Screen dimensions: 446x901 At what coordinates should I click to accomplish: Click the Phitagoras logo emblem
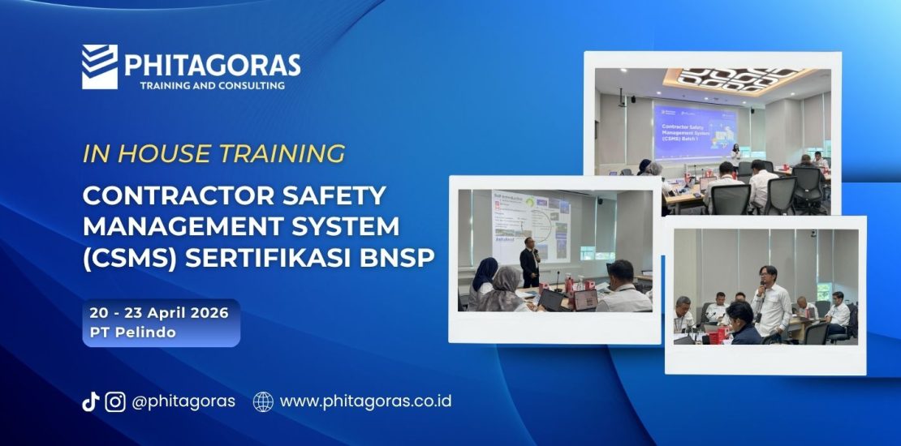tap(99, 66)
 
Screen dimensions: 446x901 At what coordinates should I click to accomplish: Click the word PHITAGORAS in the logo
tap(212, 65)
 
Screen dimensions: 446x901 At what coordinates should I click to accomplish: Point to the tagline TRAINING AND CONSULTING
tap(212, 85)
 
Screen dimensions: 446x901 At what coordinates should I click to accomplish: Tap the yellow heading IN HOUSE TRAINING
tap(213, 153)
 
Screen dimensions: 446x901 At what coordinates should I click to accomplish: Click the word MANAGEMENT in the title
tap(176, 226)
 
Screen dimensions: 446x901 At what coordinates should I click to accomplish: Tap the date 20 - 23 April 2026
tap(160, 312)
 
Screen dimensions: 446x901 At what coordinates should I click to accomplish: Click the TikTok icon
tap(90, 401)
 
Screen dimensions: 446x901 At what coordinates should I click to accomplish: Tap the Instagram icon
tap(115, 401)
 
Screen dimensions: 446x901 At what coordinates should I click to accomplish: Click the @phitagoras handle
tap(183, 401)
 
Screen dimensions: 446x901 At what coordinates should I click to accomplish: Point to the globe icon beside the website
tap(263, 401)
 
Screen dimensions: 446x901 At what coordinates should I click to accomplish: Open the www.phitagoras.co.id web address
tap(365, 401)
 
